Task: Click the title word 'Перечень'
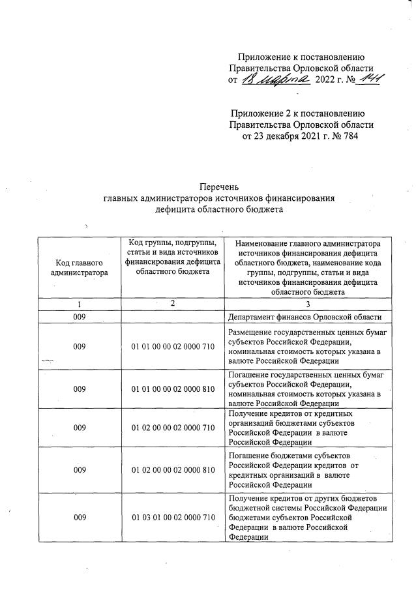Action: pyautogui.click(x=218, y=188)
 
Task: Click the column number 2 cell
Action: pyautogui.click(x=173, y=303)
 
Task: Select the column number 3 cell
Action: pyautogui.click(x=308, y=304)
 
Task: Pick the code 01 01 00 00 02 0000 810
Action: pyautogui.click(x=173, y=389)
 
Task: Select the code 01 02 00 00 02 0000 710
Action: pyautogui.click(x=173, y=428)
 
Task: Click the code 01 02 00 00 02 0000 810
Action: pyautogui.click(x=173, y=469)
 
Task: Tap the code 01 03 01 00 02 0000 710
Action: pyautogui.click(x=173, y=518)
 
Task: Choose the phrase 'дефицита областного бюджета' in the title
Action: pyautogui.click(x=218, y=210)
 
